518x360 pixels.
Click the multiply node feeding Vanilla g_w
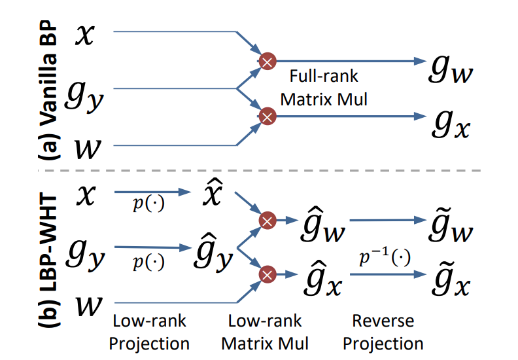click(267, 62)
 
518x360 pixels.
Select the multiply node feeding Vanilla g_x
click(267, 117)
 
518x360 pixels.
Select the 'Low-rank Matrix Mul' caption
click(265, 332)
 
